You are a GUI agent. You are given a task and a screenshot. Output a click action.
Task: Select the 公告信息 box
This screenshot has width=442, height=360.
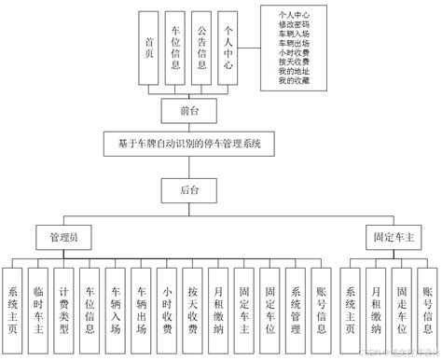(x=201, y=46)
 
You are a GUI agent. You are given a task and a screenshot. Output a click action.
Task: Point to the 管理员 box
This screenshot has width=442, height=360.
(x=63, y=238)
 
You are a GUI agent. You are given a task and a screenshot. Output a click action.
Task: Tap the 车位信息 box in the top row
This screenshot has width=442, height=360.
(x=175, y=46)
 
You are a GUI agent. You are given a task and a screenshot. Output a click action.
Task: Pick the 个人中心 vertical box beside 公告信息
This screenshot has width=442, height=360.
(x=227, y=46)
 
